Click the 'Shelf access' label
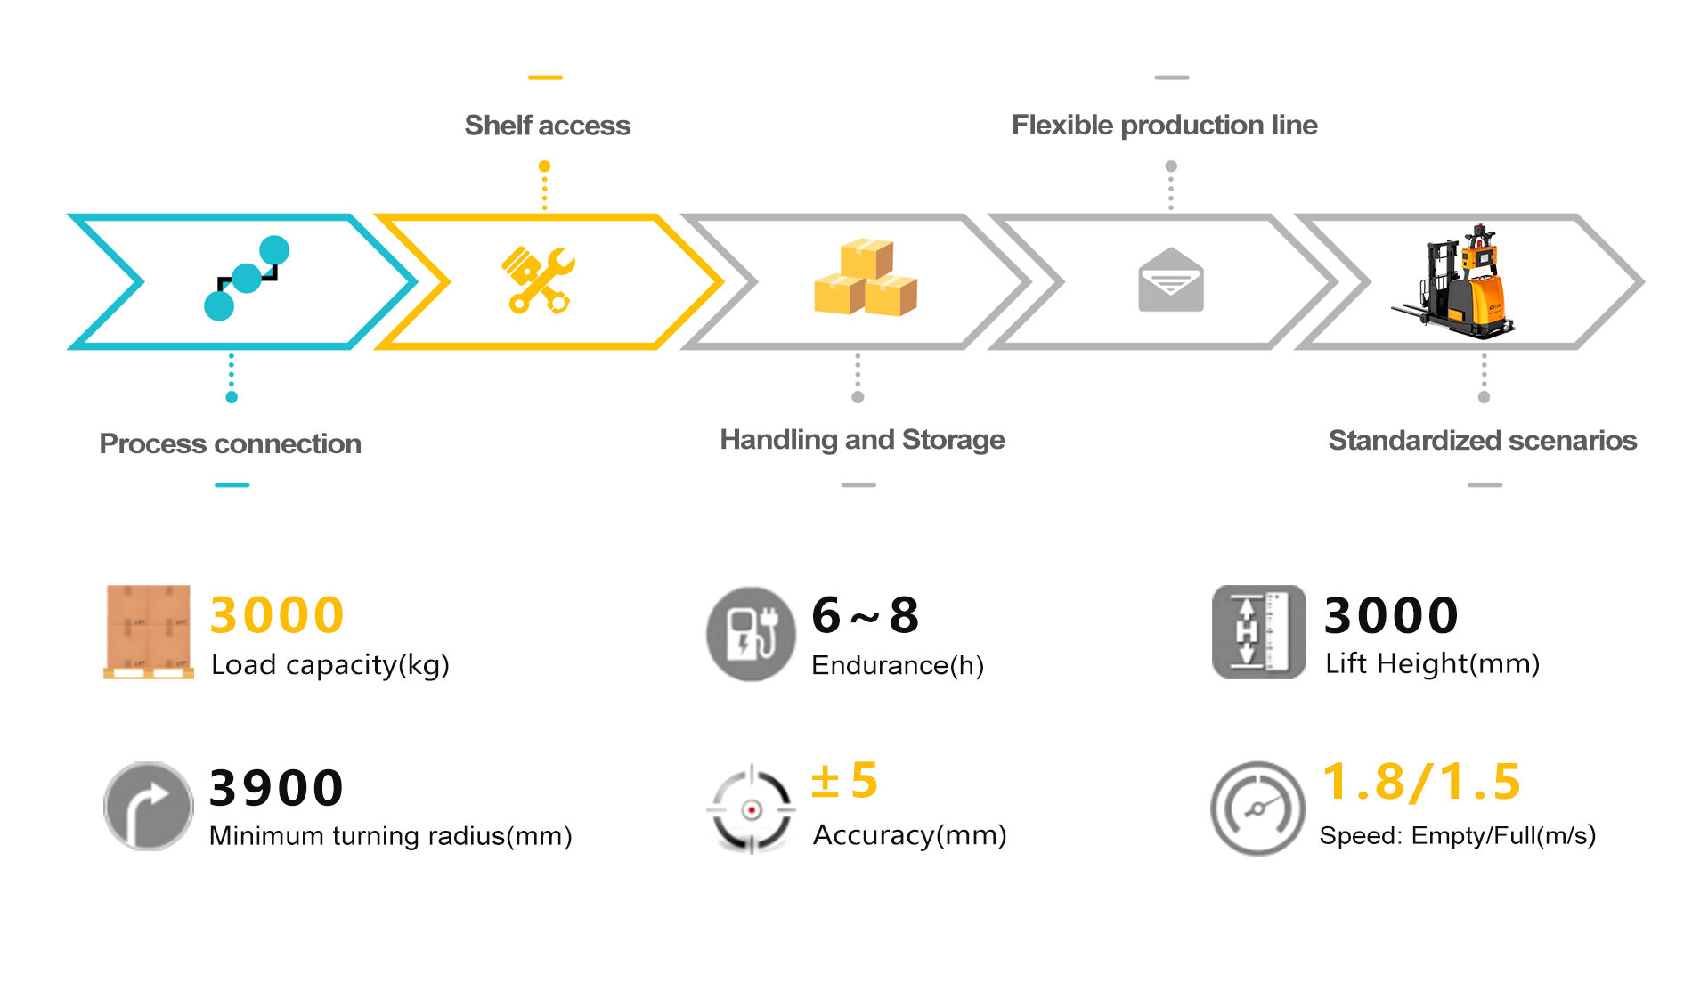point(547,126)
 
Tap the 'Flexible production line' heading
point(1164,126)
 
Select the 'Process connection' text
point(230,443)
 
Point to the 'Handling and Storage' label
point(862,440)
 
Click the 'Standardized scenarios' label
point(1482,441)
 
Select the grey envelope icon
point(1171,280)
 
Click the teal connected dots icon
point(246,278)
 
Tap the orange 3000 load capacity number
point(277,615)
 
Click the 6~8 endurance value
point(865,615)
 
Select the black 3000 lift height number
point(1391,615)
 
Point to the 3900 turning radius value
point(276,788)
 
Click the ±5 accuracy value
point(844,781)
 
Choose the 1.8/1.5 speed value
point(1421,782)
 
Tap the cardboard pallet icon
point(148,632)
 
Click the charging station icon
point(751,633)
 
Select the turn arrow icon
point(148,806)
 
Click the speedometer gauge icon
point(1257,808)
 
